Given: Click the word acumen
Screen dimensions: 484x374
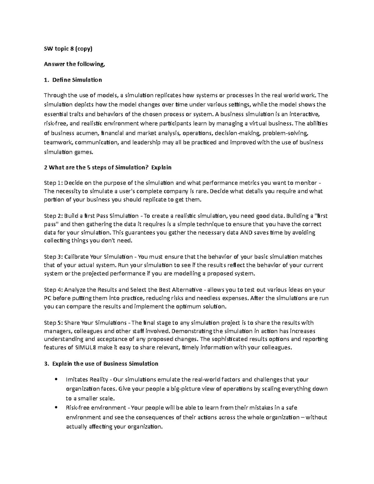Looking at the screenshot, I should (x=88, y=133).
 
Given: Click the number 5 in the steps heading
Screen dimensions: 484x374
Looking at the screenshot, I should (x=89, y=167).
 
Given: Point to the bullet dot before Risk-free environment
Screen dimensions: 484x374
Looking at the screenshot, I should (x=56, y=408).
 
